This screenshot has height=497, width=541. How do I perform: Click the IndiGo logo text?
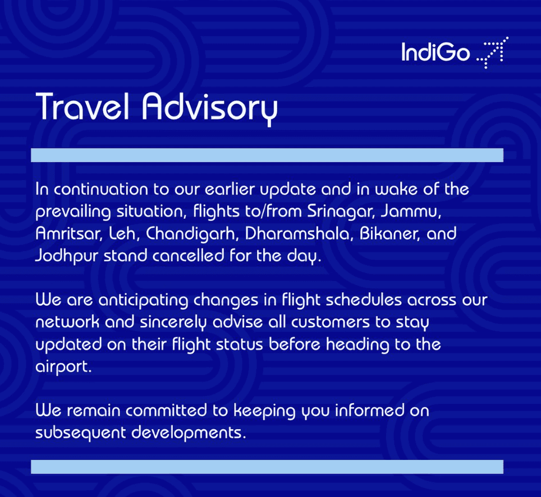(x=435, y=52)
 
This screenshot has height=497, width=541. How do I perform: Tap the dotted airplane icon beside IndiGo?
(x=492, y=52)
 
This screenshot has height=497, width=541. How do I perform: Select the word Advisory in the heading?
(x=210, y=109)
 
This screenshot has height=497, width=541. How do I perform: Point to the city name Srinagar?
(x=341, y=211)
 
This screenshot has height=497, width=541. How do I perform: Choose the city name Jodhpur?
(x=67, y=256)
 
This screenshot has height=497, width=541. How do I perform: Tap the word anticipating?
(x=143, y=301)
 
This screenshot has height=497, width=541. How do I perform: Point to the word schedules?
(x=364, y=300)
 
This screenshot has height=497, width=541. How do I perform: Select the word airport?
(x=63, y=367)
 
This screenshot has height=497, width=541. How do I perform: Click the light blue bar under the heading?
(x=267, y=155)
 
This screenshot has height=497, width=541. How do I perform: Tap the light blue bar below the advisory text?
(x=267, y=467)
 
